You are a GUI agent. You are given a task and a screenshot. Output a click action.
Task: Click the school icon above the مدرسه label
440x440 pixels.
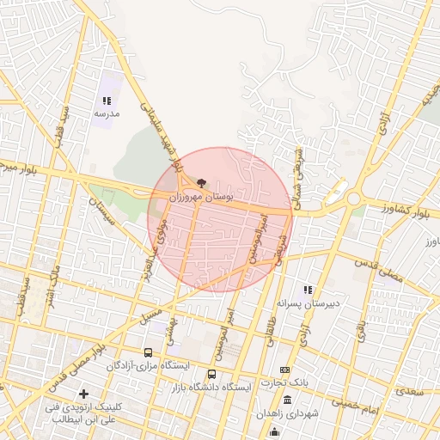(107, 101)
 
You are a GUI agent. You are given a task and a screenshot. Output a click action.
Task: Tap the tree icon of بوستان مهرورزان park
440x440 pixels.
(201, 183)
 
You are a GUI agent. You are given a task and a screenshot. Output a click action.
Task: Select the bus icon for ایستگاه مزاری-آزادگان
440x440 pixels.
(148, 352)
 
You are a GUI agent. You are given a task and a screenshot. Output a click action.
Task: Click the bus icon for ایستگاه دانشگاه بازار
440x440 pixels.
(212, 374)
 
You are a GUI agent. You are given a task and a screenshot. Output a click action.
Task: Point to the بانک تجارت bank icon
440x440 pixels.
(285, 369)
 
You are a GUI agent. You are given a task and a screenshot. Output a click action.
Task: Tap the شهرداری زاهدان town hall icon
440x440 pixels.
(287, 401)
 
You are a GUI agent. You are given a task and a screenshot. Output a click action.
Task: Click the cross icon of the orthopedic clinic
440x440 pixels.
(83, 394)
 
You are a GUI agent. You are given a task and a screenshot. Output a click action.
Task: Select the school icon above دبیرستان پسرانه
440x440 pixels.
(307, 290)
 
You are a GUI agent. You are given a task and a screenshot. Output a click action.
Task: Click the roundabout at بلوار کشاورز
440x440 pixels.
(353, 199)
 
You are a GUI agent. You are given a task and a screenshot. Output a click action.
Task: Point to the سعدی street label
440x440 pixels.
(410, 391)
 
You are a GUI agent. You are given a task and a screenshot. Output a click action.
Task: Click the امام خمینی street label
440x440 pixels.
(356, 401)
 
